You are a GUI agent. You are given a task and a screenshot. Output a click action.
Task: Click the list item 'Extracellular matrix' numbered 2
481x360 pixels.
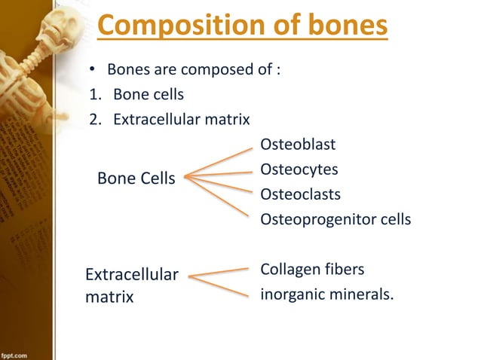click(182, 119)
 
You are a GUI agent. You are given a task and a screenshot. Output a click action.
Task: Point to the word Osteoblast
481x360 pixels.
click(298, 144)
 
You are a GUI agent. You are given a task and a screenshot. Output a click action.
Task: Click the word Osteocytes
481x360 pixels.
click(299, 169)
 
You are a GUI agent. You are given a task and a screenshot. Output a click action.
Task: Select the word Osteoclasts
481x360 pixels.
click(300, 194)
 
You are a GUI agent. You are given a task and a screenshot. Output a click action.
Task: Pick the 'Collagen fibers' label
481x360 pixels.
click(311, 269)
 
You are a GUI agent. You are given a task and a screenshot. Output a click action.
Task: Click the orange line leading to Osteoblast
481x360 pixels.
click(219, 163)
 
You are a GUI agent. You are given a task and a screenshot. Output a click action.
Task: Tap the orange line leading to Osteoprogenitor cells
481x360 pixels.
click(219, 198)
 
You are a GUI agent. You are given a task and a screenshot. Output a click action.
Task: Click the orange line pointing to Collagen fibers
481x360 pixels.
click(219, 272)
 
